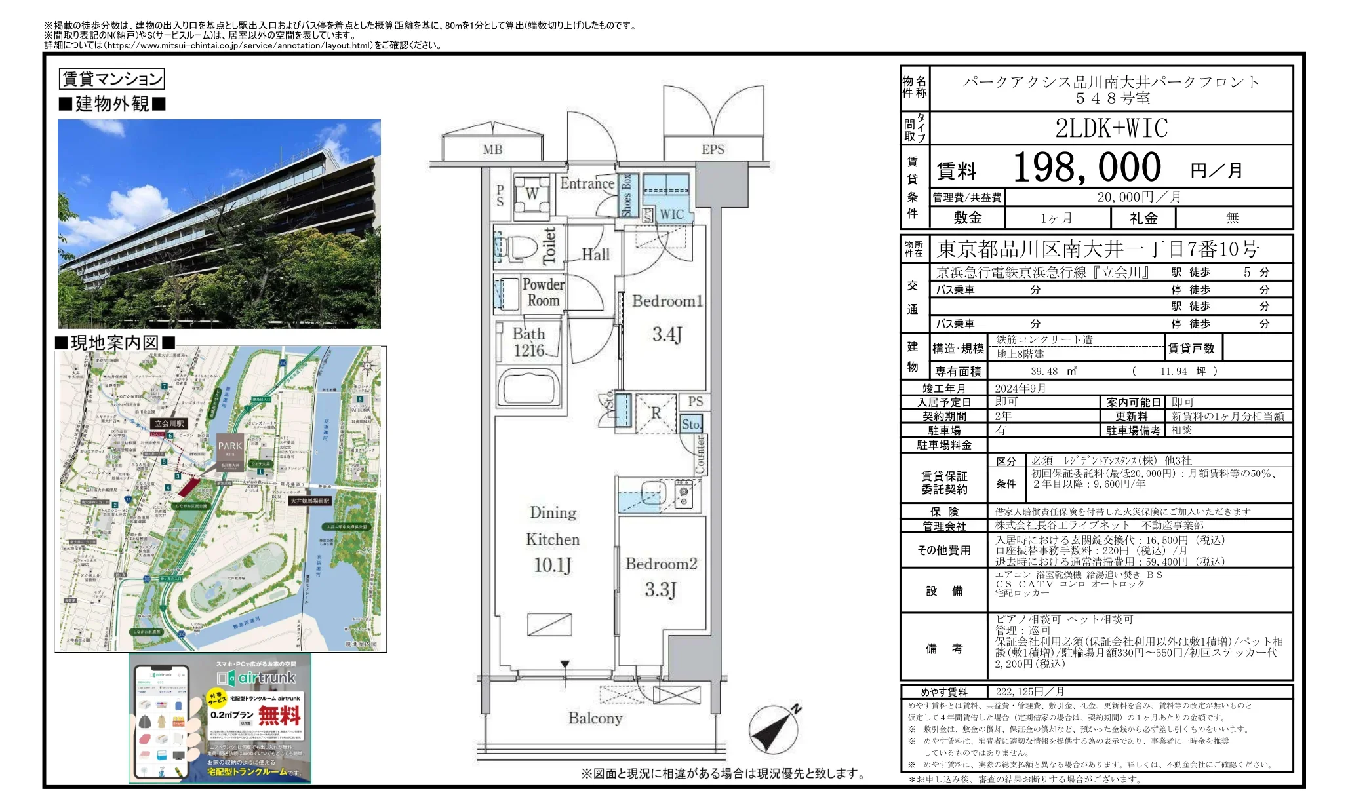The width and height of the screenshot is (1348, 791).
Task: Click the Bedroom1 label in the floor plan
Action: (666, 301)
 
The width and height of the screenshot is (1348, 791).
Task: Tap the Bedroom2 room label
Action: (661, 564)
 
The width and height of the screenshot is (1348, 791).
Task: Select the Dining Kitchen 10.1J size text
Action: (553, 565)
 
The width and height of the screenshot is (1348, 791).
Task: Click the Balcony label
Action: (595, 718)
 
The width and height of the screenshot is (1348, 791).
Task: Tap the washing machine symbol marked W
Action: (532, 193)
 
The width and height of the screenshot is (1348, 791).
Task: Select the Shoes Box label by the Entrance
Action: (627, 195)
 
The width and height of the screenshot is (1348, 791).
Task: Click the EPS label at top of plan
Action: (713, 149)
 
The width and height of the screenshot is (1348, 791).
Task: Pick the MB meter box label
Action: (492, 149)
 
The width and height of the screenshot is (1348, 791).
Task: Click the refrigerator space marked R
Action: (656, 414)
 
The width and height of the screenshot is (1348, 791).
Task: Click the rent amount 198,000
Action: (1087, 168)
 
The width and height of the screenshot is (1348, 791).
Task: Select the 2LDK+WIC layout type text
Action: (1111, 128)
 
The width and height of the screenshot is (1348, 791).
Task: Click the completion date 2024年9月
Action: (1020, 389)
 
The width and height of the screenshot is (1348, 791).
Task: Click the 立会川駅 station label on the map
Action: (169, 423)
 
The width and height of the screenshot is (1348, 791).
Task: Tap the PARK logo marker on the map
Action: (230, 448)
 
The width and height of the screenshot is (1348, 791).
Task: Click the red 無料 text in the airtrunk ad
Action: (279, 715)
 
